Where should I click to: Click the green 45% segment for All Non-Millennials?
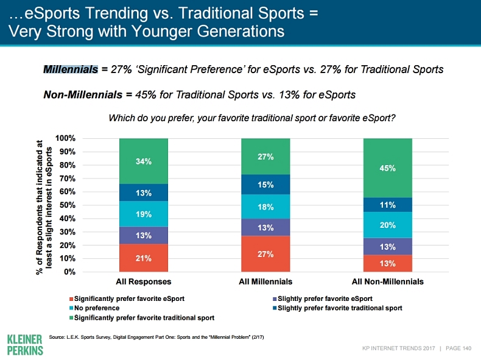(x=387, y=168)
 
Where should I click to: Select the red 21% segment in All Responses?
(x=144, y=258)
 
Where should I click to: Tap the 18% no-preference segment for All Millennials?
(x=265, y=207)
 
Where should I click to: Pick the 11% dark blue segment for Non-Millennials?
(x=387, y=205)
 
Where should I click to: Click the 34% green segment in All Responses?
(x=144, y=161)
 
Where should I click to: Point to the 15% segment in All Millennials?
(x=265, y=185)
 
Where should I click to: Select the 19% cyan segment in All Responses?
(x=144, y=214)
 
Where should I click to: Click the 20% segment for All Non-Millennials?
(x=387, y=225)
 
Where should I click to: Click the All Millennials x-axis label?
(x=265, y=282)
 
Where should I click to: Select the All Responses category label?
(x=144, y=282)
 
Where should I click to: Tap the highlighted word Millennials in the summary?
(x=70, y=70)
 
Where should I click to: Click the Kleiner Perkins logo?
(x=24, y=345)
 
